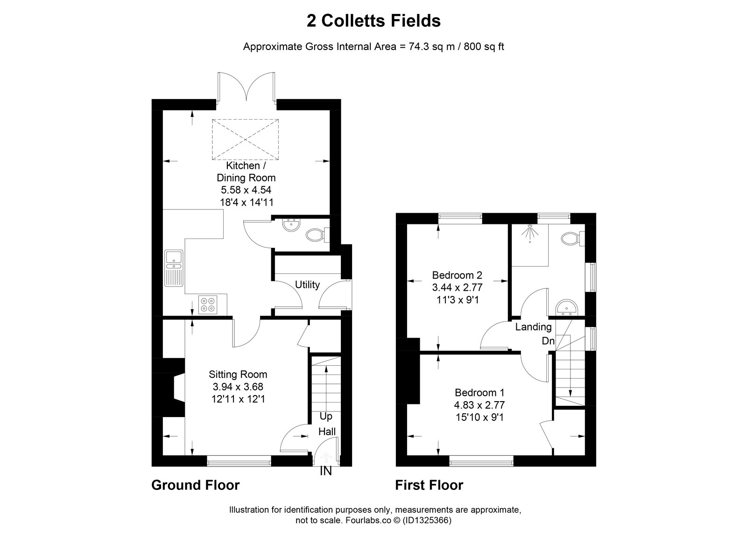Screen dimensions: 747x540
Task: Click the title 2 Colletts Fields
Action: coord(373,21)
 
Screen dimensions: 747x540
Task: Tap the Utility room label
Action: coord(307,285)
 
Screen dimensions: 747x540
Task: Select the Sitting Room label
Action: coord(238,374)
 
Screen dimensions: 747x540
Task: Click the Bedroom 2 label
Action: coord(457,275)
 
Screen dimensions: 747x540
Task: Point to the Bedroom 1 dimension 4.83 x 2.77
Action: coord(479,405)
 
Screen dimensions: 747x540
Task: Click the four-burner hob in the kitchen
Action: coord(207,304)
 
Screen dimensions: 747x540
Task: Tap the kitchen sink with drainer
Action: coord(174,268)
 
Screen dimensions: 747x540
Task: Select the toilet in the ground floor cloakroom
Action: coord(317,235)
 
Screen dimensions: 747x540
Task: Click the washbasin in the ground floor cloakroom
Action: coord(292,225)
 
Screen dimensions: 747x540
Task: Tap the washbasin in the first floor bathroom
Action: coord(566,308)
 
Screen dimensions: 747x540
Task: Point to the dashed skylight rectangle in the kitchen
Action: coord(245,140)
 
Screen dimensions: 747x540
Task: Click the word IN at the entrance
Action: coord(326,471)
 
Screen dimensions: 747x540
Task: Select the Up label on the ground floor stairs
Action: coord(326,417)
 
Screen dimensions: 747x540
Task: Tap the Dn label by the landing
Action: coord(548,341)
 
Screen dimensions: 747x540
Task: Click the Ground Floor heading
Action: coord(196,485)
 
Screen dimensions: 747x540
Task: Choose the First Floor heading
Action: coord(429,485)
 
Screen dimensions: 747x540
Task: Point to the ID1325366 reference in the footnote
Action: coord(427,520)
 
